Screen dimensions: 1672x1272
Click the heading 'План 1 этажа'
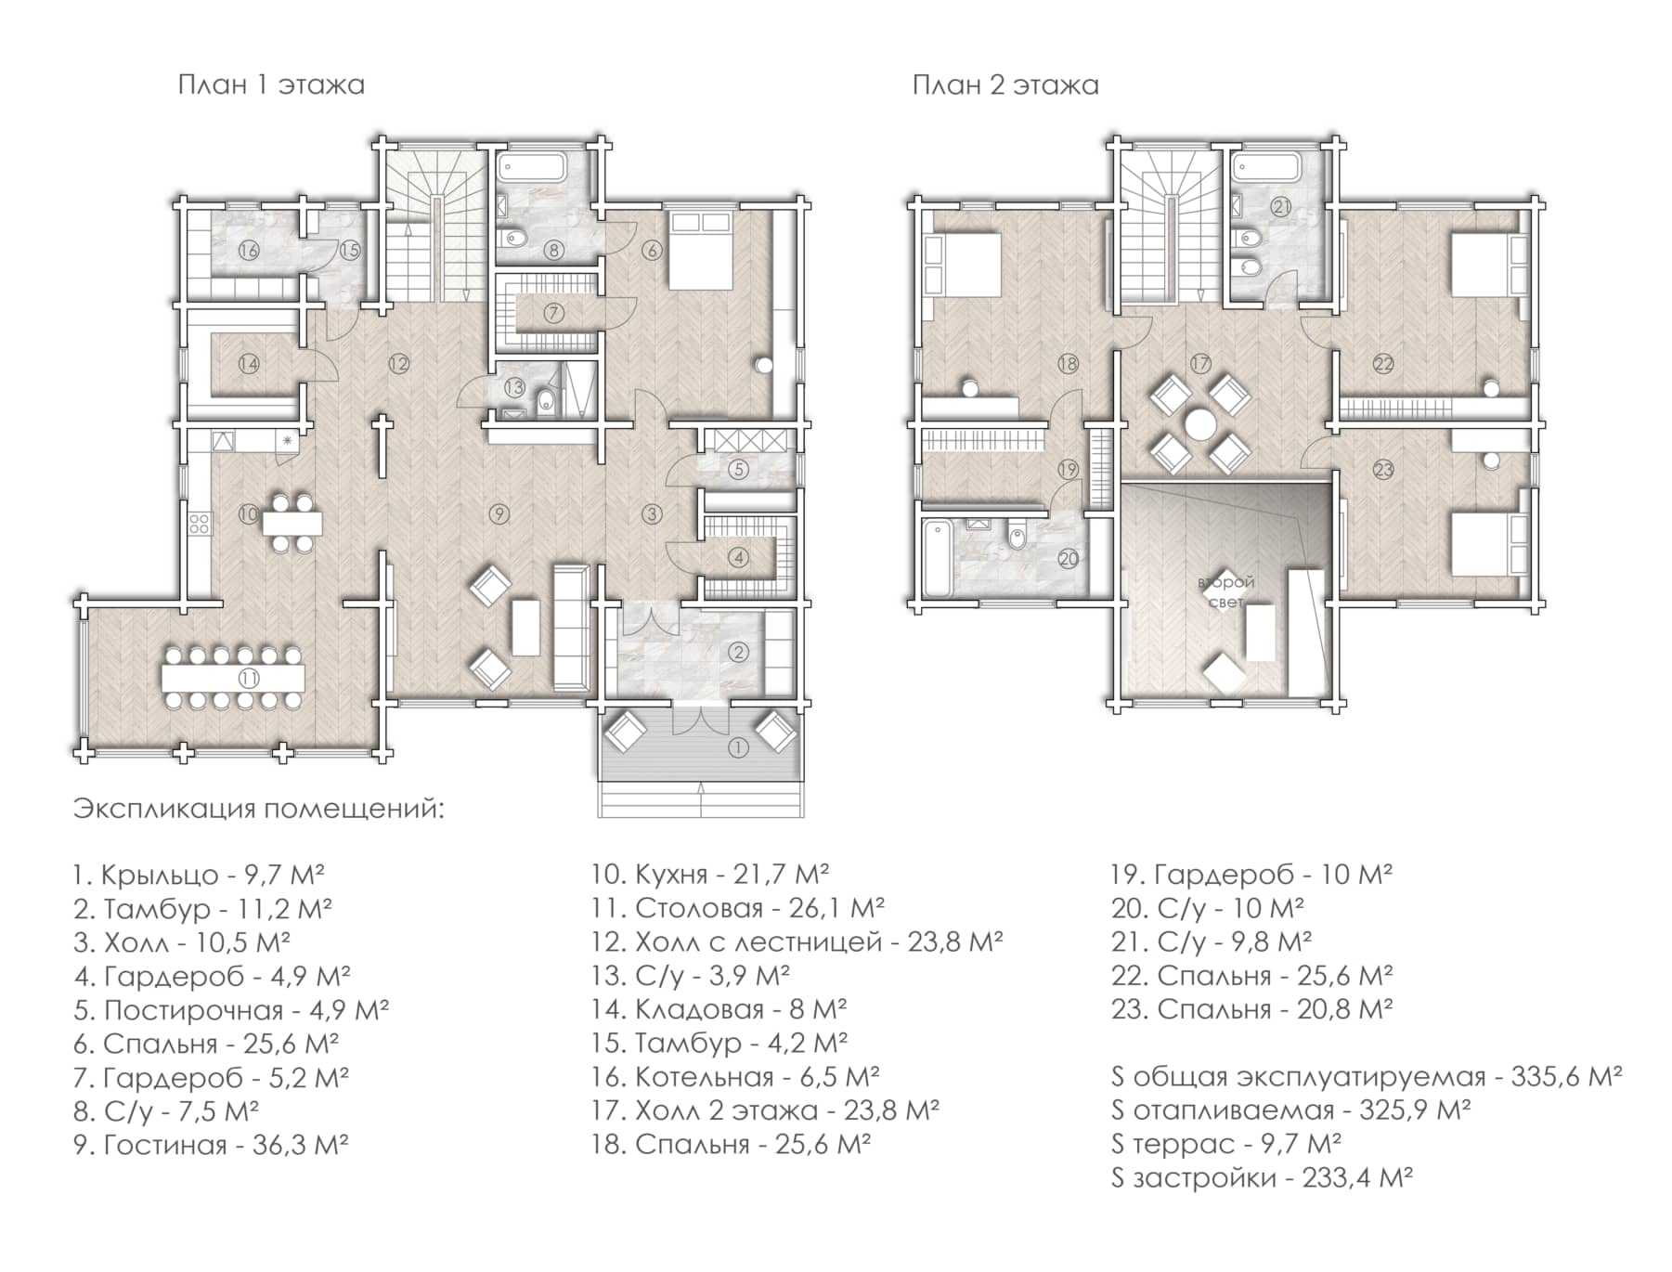(x=271, y=85)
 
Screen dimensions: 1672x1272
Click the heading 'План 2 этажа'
(x=1005, y=85)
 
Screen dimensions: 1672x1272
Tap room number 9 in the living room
(x=499, y=513)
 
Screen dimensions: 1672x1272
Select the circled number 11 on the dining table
(x=249, y=678)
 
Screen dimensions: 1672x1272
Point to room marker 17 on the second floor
(x=1200, y=363)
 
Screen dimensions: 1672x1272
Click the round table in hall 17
(x=1200, y=425)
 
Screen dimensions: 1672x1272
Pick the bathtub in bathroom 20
(x=937, y=557)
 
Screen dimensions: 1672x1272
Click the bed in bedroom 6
(x=702, y=251)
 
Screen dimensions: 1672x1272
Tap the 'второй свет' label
(x=1227, y=591)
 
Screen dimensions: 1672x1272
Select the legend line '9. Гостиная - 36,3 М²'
(x=211, y=1145)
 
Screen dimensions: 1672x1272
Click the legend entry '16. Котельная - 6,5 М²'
(x=735, y=1077)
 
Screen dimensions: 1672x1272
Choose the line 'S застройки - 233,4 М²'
(x=1262, y=1178)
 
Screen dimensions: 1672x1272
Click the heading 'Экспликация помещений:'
(x=259, y=809)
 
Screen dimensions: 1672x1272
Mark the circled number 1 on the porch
(x=738, y=746)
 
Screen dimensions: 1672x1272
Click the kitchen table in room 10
(x=292, y=523)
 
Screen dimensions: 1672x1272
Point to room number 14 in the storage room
(x=249, y=364)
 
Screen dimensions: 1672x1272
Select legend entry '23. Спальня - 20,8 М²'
(x=1252, y=1009)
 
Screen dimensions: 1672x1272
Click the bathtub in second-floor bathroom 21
(x=1266, y=168)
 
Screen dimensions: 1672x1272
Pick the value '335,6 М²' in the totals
(x=1566, y=1077)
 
